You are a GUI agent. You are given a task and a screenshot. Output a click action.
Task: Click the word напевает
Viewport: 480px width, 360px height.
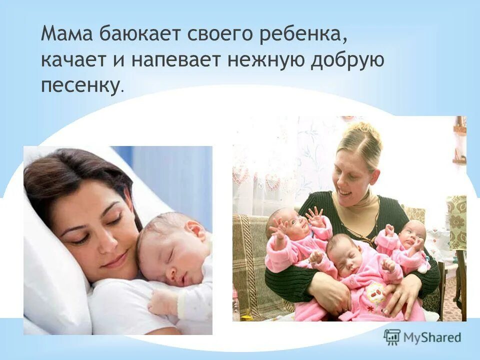[x=175, y=60]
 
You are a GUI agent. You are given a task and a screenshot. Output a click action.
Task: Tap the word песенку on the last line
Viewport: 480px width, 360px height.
[x=80, y=85]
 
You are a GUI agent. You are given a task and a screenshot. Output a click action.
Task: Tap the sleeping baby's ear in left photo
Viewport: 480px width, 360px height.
[x=194, y=231]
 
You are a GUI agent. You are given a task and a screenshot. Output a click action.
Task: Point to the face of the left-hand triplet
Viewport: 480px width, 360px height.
[x=295, y=225]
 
